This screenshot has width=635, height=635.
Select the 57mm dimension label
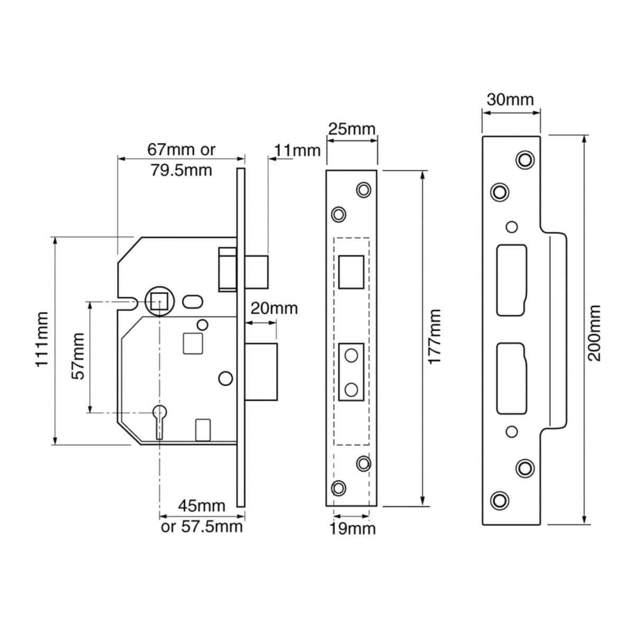point(78,356)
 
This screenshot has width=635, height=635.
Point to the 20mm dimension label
point(274,308)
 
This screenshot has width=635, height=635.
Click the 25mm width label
point(352,129)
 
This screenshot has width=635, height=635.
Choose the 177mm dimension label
point(434,337)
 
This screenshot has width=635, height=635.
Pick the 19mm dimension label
point(352,528)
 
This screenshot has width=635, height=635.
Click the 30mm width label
point(511,99)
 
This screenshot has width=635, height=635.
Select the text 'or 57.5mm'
point(202,527)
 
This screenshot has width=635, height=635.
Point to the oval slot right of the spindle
point(193,302)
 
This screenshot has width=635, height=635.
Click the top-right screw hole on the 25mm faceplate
point(364,189)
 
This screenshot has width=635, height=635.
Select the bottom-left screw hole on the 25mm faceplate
point(338,487)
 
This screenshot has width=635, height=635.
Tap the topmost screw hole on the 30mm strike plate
point(525,159)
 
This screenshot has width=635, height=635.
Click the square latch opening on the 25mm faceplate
point(351,272)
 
